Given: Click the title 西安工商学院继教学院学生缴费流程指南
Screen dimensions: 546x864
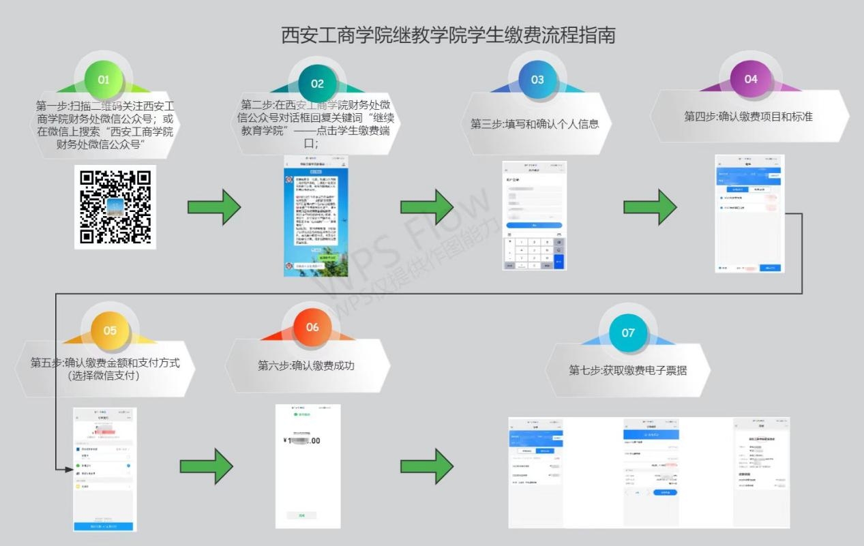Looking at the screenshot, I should (448, 35).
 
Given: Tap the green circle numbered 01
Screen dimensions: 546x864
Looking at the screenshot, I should (104, 80).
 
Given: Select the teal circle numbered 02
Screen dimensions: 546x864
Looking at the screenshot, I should (317, 84).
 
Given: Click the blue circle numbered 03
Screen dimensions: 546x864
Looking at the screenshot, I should (537, 80).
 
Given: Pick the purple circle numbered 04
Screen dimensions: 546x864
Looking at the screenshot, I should (751, 79).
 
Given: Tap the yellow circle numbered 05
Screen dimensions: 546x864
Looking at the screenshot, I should (110, 331).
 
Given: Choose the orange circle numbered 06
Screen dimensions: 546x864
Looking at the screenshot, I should (312, 327).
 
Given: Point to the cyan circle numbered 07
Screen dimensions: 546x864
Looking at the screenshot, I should (628, 333).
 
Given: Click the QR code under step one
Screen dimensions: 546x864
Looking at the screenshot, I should (115, 207).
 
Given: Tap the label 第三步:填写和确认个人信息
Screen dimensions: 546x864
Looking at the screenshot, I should (535, 124).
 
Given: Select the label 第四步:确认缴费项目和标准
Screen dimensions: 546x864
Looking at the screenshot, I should (748, 117).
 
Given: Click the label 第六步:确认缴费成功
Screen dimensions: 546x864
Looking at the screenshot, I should (306, 366).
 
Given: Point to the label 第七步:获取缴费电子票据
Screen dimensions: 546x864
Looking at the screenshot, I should (628, 371).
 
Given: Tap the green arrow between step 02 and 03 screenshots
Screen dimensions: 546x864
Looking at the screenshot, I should (426, 207).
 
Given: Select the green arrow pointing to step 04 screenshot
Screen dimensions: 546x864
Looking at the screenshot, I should (650, 207).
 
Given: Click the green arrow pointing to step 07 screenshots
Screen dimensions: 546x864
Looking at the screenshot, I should (426, 466).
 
